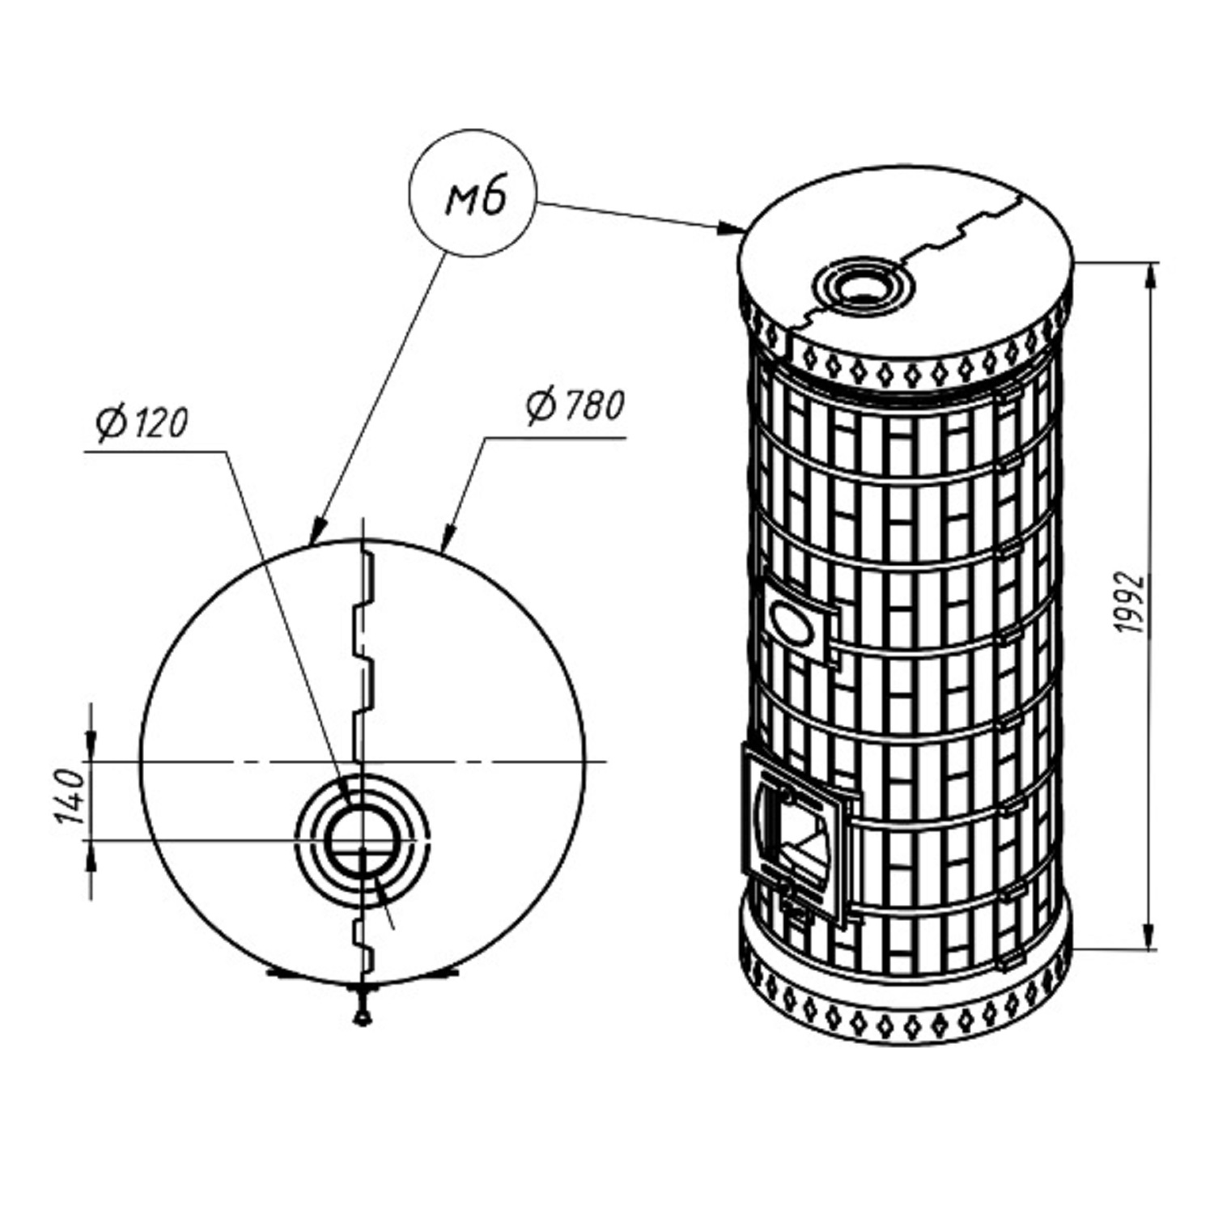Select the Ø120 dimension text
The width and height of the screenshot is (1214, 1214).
tap(142, 423)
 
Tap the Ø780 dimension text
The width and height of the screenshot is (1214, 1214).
tap(575, 406)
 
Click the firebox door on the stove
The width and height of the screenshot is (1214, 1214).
tap(797, 838)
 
